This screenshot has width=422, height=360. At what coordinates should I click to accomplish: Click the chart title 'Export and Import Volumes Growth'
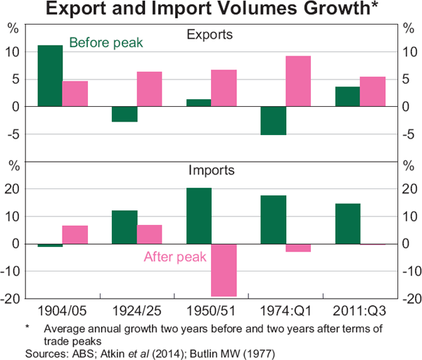pos(211,10)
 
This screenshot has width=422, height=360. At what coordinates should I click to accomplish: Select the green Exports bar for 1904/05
pos(50,76)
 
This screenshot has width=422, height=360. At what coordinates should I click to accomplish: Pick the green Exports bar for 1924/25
pos(124,114)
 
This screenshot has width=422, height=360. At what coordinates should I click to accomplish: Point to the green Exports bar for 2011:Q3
pos(348,96)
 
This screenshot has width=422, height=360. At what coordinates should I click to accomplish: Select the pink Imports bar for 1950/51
pos(224,270)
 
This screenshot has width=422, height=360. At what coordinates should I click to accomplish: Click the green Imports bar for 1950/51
pos(199,216)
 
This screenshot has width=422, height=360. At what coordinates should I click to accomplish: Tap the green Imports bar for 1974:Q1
pos(274,219)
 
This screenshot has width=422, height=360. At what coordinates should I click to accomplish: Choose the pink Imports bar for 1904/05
pos(75,235)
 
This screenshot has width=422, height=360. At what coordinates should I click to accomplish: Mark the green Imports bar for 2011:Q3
pos(348,224)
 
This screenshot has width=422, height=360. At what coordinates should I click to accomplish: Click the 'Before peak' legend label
pos(106,43)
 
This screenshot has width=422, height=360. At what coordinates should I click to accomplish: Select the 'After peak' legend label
pos(174,257)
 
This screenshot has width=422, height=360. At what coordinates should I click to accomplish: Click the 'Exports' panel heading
pos(211,34)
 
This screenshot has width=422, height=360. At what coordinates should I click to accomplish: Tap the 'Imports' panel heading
pos(211,170)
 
